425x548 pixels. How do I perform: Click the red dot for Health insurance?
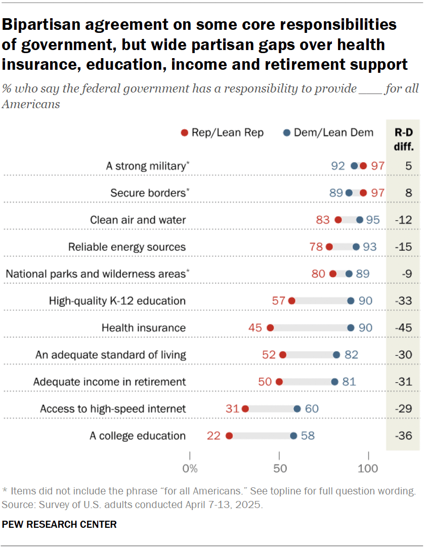tap(270, 328)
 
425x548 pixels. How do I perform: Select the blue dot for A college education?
tap(293, 436)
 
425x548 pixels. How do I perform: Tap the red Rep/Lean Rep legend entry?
tap(223, 132)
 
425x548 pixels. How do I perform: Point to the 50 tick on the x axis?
tap(279, 468)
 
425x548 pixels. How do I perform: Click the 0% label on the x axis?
tap(190, 469)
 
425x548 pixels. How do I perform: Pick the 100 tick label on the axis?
tap(368, 469)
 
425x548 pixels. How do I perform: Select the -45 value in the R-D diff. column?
tap(403, 328)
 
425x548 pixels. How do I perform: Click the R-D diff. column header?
tap(403, 140)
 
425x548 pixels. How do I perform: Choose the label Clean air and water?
tap(138, 220)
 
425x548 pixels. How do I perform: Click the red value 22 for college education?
tap(214, 436)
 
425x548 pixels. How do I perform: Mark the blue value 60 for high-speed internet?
tap(312, 408)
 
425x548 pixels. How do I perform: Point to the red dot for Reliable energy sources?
tap(329, 247)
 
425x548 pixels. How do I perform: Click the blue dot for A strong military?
tap(354, 166)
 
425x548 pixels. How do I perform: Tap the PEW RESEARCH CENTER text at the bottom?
tap(59, 524)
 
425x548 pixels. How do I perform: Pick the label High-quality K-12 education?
tap(117, 301)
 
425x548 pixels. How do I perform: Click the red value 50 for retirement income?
tap(265, 382)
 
